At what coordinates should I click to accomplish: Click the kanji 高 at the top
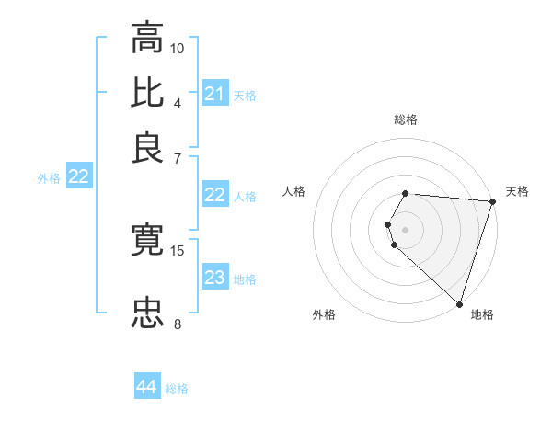tap(147, 40)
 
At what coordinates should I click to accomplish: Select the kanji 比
tap(147, 92)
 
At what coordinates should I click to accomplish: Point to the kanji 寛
tap(147, 241)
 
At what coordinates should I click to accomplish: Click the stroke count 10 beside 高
tap(178, 48)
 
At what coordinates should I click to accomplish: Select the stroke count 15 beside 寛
tap(178, 250)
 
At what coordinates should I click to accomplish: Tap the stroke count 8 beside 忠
tap(178, 323)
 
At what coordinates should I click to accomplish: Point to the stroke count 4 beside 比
tap(178, 103)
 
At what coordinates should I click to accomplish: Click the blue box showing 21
tap(214, 94)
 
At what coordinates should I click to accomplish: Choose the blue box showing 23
tap(214, 278)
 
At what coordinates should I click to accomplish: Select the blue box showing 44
tap(146, 387)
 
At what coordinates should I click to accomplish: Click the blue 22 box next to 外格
tap(78, 177)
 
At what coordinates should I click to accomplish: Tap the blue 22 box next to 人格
tap(214, 195)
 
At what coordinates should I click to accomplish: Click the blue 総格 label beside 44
tap(177, 389)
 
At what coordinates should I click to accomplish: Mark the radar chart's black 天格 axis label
tap(517, 191)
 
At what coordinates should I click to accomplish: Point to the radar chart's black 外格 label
tap(324, 314)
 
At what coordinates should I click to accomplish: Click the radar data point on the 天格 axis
tap(492, 201)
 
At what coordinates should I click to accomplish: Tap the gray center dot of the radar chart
tap(406, 228)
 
